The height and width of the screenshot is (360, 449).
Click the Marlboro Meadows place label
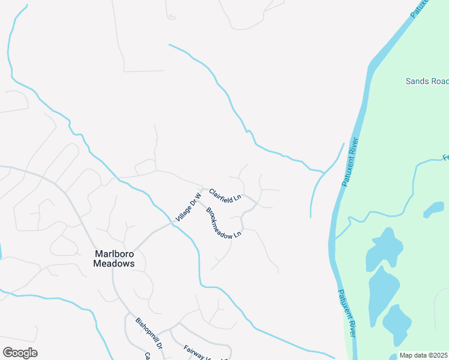pos(113,258)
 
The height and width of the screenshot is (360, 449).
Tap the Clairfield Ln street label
pos(225,193)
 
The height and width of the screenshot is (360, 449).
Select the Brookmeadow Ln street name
pos(223,223)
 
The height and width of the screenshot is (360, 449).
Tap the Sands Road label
pos(427,81)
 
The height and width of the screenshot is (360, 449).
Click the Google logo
pos(20,352)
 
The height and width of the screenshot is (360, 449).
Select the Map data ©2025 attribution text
pos(424,355)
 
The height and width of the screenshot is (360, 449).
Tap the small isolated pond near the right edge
pos(434,209)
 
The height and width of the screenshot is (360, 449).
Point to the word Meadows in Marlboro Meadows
pos(113,263)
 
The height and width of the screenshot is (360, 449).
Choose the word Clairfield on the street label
pos(221,192)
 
